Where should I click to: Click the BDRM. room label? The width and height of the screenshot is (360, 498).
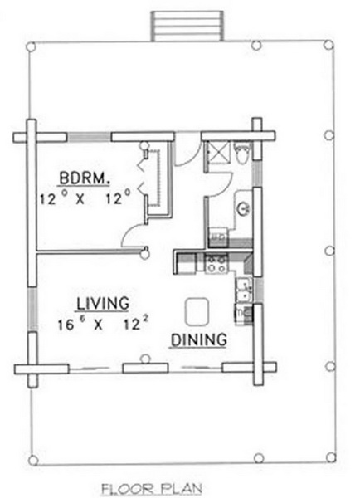85,178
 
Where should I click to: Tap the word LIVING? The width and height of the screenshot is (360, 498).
103,303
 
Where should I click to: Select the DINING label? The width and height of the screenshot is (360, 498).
199,339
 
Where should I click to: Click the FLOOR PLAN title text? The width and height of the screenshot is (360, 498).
152,489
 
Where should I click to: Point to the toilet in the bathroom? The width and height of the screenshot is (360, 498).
242,153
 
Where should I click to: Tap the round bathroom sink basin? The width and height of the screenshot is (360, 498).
244,208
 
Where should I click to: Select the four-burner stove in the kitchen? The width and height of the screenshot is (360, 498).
216,264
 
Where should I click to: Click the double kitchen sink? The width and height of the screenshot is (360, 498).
244,290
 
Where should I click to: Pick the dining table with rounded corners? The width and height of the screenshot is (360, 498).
197,311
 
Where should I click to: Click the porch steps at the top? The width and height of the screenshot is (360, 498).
187,26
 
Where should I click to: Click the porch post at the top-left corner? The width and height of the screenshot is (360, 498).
31,47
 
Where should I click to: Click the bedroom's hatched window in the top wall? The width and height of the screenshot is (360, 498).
90,137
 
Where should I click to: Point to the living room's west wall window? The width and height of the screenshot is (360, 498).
32,309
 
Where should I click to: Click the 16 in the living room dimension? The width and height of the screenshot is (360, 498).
66,325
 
